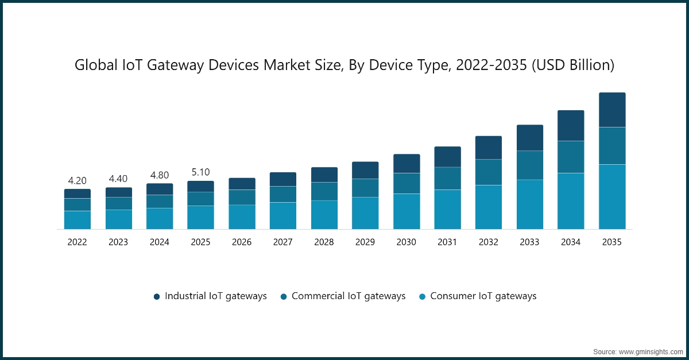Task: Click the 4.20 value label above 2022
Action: click(x=77, y=181)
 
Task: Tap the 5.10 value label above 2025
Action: click(x=200, y=172)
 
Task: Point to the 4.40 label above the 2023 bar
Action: click(x=118, y=179)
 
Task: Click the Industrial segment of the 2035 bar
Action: click(x=612, y=110)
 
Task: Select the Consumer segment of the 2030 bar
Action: click(x=407, y=211)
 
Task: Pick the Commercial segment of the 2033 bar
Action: click(x=529, y=165)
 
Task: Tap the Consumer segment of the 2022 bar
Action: click(x=77, y=220)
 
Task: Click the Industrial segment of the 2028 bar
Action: click(x=324, y=175)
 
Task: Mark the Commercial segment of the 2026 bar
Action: click(x=242, y=197)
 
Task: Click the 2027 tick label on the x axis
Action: click(x=283, y=242)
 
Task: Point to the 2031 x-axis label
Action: click(x=447, y=242)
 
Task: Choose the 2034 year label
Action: click(x=571, y=242)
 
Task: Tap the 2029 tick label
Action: click(x=365, y=242)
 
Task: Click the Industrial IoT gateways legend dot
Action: click(x=156, y=297)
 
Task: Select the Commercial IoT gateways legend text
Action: click(x=349, y=296)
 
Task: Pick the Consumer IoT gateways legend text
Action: click(x=483, y=296)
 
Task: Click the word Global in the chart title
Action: click(x=93, y=65)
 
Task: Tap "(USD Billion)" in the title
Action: click(x=572, y=65)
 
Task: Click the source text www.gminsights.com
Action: click(x=651, y=351)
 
